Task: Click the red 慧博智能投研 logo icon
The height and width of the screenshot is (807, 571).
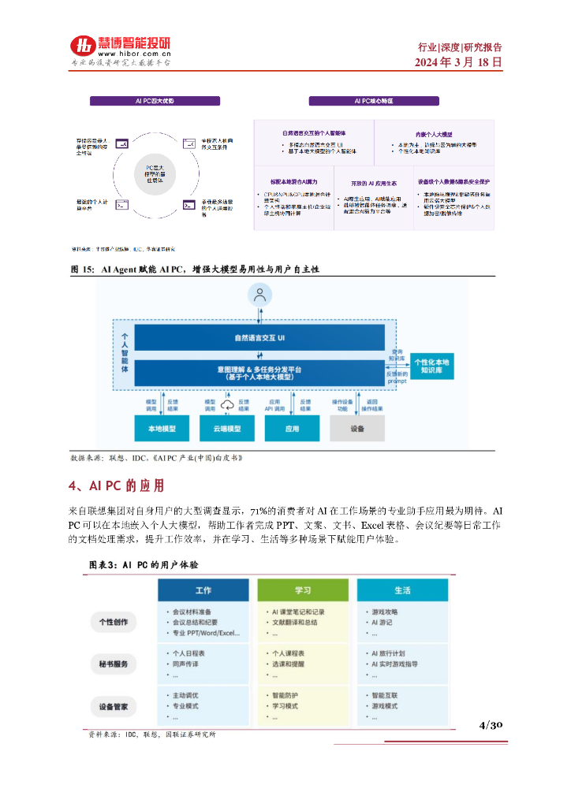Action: (81, 46)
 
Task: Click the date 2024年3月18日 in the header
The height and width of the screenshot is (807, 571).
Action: (458, 62)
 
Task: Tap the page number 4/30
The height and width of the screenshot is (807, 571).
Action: (491, 725)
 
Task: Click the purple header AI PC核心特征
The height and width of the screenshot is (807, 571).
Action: (374, 101)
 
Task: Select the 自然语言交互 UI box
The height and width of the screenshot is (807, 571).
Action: (260, 338)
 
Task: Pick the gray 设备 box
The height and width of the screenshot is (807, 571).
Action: (357, 428)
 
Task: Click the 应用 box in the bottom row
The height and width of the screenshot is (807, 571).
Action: (292, 428)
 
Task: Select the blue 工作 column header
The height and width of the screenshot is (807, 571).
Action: (203, 590)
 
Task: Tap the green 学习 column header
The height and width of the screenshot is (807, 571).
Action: (303, 590)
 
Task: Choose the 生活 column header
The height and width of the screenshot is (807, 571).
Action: (402, 590)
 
